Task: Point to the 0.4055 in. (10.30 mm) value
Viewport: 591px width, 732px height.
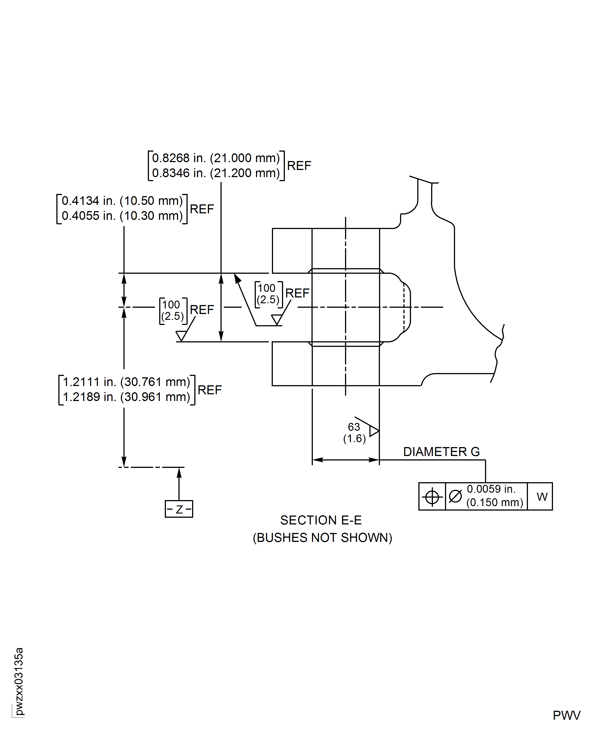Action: coord(122,216)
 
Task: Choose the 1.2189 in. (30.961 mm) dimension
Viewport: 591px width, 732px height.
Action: coord(126,397)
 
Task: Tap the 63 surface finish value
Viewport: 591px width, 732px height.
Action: coord(354,427)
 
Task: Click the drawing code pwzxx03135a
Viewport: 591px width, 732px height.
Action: coord(19,681)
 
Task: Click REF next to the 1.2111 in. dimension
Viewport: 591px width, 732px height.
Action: coord(209,390)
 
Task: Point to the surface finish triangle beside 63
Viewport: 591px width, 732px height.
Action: coord(374,431)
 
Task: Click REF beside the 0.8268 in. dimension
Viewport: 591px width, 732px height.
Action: coord(299,166)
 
